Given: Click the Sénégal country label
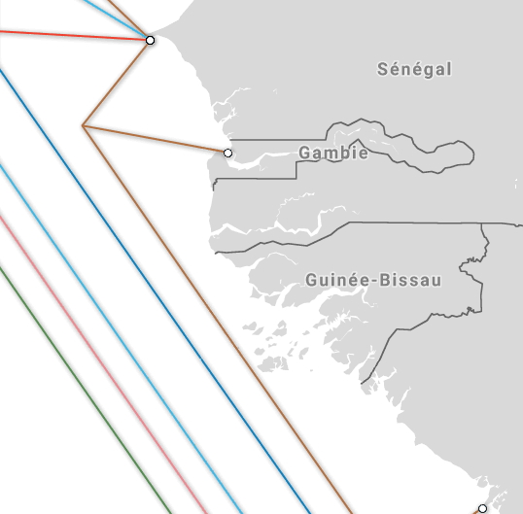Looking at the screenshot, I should pos(415,69).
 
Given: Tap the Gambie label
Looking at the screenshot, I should pos(333,153).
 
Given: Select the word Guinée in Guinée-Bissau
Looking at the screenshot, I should pos(336,280).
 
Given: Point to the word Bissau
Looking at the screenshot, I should pos(410,280).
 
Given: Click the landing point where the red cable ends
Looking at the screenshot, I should pos(150,40).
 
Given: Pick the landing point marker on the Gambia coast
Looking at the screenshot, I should pos(227,153).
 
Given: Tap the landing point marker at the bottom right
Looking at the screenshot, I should pos(482,508).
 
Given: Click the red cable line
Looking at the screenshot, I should pos(68,35).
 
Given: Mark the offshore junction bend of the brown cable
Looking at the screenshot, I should pos(84,125).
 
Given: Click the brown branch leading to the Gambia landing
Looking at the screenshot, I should pos(156,139).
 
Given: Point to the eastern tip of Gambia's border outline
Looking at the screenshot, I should pos(473,154).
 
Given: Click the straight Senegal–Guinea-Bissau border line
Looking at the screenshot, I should pos(418,223).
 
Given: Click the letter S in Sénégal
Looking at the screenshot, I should pos(383,69).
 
